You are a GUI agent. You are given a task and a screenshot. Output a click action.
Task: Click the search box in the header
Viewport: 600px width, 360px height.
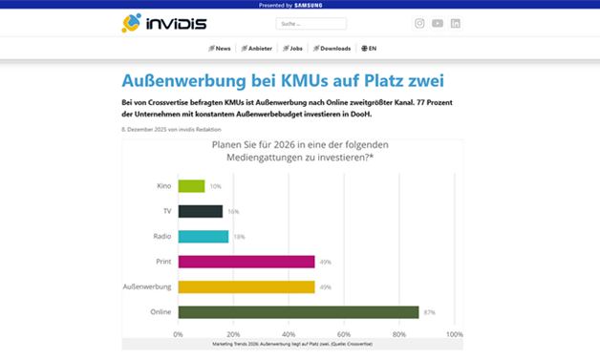click(x=311, y=24)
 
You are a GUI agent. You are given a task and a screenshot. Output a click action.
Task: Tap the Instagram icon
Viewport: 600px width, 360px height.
click(x=419, y=24)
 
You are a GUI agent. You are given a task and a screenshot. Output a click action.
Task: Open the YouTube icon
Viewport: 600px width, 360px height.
click(x=438, y=24)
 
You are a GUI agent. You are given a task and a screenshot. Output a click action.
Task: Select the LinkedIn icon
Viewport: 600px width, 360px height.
click(x=456, y=24)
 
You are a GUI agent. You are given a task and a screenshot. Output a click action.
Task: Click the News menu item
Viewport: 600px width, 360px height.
click(x=220, y=48)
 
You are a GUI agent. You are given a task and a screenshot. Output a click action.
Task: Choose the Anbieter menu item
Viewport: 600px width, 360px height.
click(x=258, y=48)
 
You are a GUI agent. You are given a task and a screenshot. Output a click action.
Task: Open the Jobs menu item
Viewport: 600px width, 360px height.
click(x=293, y=48)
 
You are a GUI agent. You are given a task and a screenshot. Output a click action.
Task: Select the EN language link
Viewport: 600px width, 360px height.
click(x=369, y=48)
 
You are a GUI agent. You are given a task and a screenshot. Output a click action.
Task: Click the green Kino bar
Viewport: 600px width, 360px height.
click(x=191, y=186)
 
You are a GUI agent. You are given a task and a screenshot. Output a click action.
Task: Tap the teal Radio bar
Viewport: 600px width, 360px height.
click(x=203, y=236)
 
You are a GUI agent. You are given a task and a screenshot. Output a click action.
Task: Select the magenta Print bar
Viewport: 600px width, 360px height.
click(x=246, y=262)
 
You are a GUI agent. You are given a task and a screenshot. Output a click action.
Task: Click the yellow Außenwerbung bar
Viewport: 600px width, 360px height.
click(x=246, y=286)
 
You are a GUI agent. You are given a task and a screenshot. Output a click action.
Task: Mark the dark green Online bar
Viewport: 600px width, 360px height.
click(x=298, y=311)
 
